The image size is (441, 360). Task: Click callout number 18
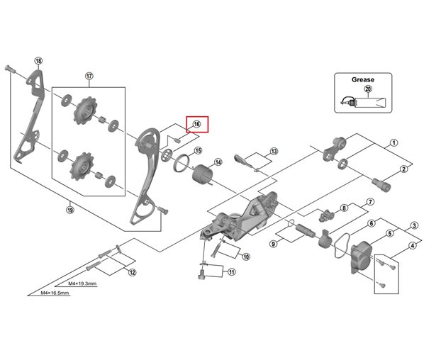[x=38, y=61]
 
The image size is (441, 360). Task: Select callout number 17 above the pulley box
[x=89, y=76]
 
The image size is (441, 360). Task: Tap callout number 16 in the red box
[x=196, y=124]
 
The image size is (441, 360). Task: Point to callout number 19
[x=69, y=208]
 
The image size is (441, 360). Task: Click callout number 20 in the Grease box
[x=367, y=89]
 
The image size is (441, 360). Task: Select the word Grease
[x=362, y=80]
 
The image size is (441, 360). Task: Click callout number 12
[x=132, y=272]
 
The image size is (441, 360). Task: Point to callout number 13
[x=274, y=152]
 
